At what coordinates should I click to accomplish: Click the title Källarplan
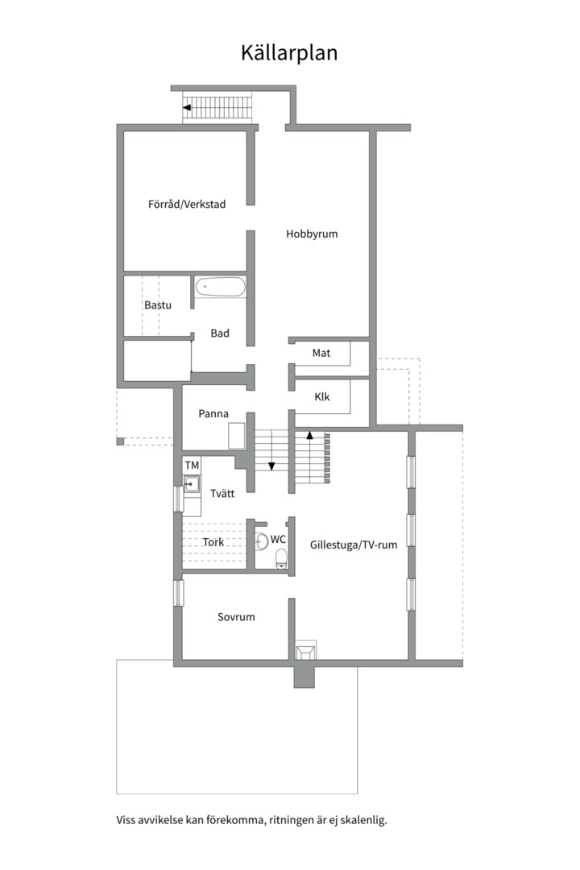289,52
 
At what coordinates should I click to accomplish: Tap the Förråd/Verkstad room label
187,204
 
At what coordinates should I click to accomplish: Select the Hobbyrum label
312,234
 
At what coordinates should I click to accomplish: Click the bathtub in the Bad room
220,287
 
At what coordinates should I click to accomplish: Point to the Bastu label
158,305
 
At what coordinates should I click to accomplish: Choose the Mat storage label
321,353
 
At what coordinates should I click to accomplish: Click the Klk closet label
322,396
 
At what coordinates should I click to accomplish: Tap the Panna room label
213,413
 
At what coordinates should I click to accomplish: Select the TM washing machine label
192,465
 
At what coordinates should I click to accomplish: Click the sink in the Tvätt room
192,484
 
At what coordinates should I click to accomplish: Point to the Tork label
213,542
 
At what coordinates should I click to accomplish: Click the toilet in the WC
282,558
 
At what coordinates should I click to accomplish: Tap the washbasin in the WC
262,541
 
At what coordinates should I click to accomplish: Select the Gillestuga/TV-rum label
354,545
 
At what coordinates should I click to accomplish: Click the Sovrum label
237,617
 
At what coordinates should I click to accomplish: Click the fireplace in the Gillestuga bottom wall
304,650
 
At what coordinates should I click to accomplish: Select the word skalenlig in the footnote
363,820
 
